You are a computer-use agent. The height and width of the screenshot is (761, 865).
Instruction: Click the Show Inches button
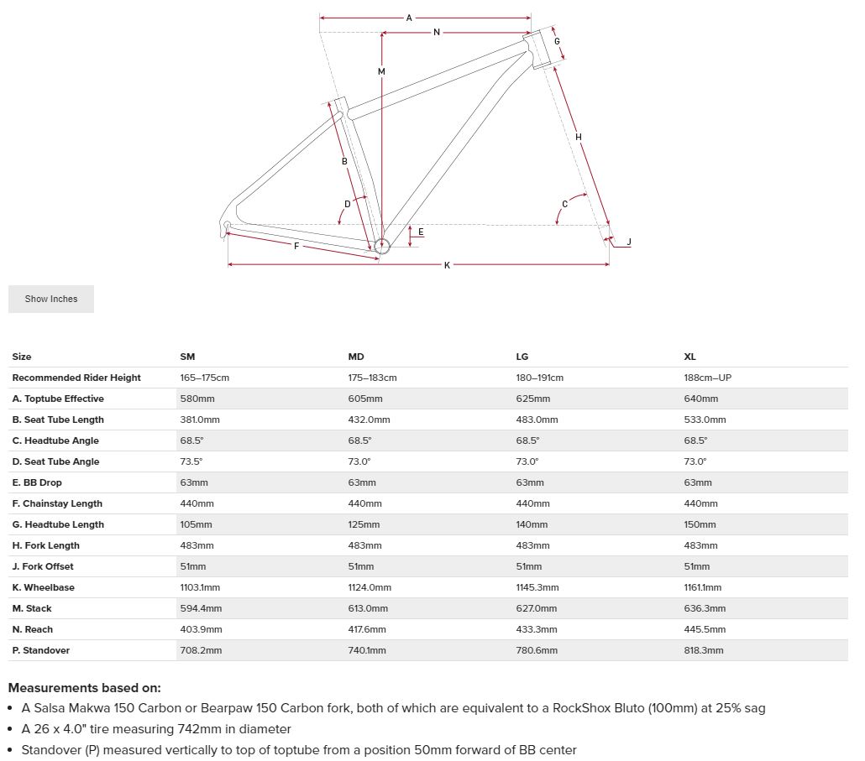(51, 299)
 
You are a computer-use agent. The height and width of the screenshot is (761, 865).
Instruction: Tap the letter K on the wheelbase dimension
(447, 265)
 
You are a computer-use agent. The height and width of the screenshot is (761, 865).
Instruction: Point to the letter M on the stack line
(381, 72)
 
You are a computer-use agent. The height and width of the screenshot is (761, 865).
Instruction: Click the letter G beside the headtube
(557, 41)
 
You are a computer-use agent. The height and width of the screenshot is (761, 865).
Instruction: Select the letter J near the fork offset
(629, 242)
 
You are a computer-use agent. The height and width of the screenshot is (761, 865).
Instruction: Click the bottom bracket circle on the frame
(382, 246)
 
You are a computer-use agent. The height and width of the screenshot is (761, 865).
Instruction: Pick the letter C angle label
(564, 204)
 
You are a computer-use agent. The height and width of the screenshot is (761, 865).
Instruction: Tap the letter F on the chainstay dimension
(296, 246)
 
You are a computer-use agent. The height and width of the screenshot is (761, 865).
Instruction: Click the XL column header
(690, 357)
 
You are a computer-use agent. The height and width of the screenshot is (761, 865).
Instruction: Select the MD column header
(356, 357)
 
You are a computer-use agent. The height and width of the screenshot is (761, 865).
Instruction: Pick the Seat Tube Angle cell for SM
(191, 461)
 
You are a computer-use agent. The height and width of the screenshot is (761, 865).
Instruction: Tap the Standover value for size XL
(704, 650)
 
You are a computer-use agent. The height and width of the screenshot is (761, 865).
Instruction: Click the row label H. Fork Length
(46, 545)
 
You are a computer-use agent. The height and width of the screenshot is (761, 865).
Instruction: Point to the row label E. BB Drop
(37, 482)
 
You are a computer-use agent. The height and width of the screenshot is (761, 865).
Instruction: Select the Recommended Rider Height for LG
(540, 378)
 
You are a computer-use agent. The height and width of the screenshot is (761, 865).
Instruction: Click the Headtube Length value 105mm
(197, 524)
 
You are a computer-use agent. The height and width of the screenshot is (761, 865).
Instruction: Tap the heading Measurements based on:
(84, 687)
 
